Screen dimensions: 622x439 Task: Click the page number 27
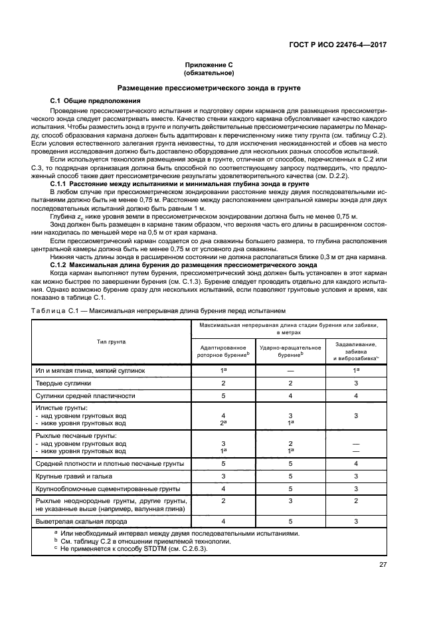(x=382, y=565)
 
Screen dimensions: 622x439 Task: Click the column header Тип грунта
(x=111, y=341)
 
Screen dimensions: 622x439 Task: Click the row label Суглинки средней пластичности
(x=85, y=395)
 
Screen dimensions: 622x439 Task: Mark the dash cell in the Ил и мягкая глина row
(x=290, y=371)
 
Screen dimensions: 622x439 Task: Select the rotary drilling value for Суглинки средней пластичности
(x=224, y=395)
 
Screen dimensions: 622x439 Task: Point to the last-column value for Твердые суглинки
(x=356, y=383)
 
